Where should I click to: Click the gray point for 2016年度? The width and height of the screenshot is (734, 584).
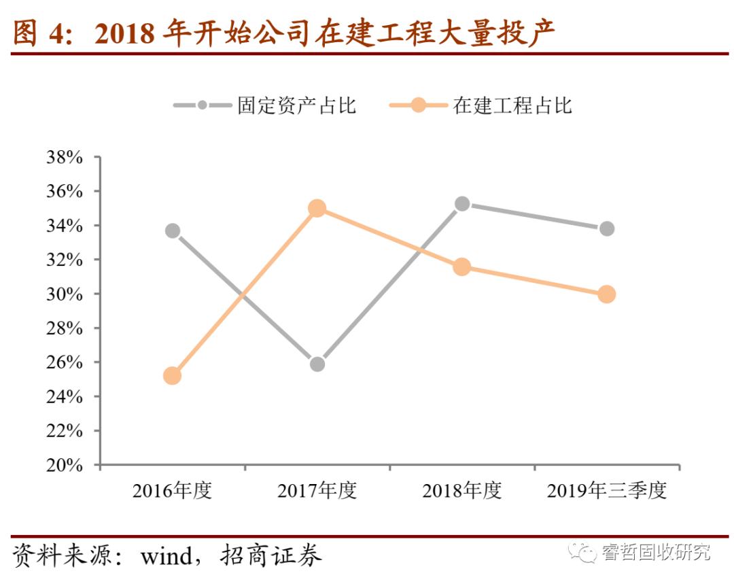pyautogui.click(x=173, y=230)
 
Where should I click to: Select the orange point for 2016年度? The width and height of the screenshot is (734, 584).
pyautogui.click(x=173, y=375)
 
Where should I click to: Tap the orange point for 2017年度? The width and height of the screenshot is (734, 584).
pyautogui.click(x=317, y=208)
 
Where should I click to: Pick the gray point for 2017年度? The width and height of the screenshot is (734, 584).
pyautogui.click(x=317, y=364)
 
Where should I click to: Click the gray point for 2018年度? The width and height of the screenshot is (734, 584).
pyautogui.click(x=462, y=204)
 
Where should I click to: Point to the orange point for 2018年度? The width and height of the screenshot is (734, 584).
pyautogui.click(x=462, y=267)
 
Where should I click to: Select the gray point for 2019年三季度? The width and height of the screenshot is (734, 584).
pyautogui.click(x=607, y=228)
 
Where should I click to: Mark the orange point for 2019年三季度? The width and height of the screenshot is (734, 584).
pyautogui.click(x=607, y=294)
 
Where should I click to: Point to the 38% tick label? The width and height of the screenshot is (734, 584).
pyautogui.click(x=64, y=158)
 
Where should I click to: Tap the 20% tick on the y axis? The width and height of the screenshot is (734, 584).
pyautogui.click(x=64, y=466)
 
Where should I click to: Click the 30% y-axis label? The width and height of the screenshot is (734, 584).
pyautogui.click(x=64, y=294)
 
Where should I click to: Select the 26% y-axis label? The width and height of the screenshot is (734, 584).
pyautogui.click(x=64, y=363)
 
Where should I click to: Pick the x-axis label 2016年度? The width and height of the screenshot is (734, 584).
pyautogui.click(x=173, y=491)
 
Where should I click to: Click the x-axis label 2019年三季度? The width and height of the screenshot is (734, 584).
pyautogui.click(x=607, y=491)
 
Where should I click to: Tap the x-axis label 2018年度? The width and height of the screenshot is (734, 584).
pyautogui.click(x=462, y=491)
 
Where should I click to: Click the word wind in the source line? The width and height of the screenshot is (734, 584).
pyautogui.click(x=166, y=556)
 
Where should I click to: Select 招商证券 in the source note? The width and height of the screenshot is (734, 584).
pyautogui.click(x=271, y=556)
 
